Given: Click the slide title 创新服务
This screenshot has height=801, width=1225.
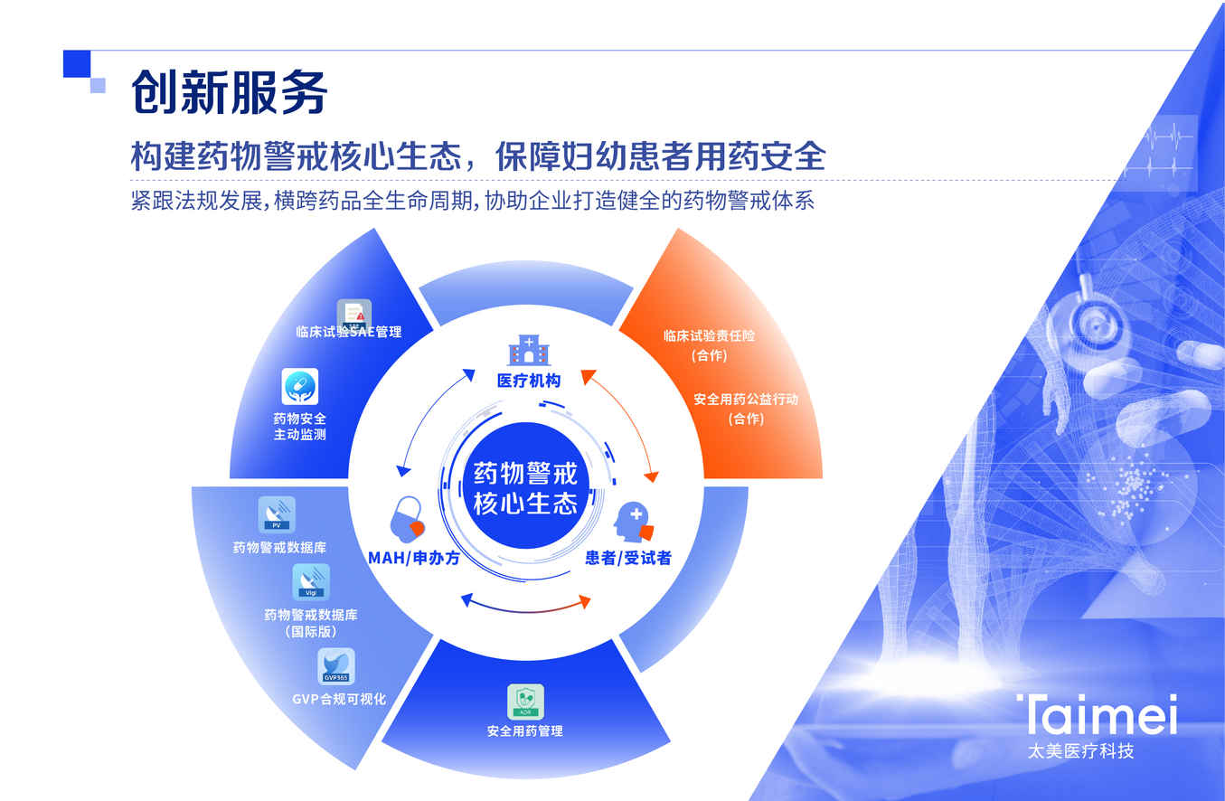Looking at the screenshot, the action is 229,92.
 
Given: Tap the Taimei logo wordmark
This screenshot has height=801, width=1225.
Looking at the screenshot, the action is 1097,714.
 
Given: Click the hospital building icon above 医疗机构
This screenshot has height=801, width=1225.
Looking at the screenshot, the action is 529,350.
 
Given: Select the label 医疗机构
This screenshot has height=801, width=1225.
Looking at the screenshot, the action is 529,381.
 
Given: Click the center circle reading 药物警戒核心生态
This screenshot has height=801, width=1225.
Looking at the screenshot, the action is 525,485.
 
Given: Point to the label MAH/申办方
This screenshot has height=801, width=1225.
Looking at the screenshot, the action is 414,558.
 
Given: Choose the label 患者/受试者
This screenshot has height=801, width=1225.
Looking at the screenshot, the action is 628,558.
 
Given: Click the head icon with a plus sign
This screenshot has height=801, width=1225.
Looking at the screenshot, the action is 633,522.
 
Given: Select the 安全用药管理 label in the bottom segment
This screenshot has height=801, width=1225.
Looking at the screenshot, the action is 525,731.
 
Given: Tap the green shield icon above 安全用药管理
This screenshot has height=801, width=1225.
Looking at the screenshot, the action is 525,702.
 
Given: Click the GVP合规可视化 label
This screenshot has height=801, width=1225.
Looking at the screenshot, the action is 339,699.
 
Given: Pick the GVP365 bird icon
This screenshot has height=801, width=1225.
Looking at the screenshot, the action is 335,666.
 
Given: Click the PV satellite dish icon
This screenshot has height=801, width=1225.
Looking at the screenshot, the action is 277,514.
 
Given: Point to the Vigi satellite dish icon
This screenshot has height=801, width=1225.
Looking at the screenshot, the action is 311,581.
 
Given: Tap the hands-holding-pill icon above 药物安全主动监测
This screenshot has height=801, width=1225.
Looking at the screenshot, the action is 299,387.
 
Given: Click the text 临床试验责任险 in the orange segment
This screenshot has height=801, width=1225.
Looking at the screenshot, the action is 710,335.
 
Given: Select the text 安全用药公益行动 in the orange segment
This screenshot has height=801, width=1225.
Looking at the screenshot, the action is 746,399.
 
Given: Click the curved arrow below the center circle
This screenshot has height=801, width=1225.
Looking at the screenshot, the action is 526,610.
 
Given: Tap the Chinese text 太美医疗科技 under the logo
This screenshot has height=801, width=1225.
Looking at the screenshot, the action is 1080,751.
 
